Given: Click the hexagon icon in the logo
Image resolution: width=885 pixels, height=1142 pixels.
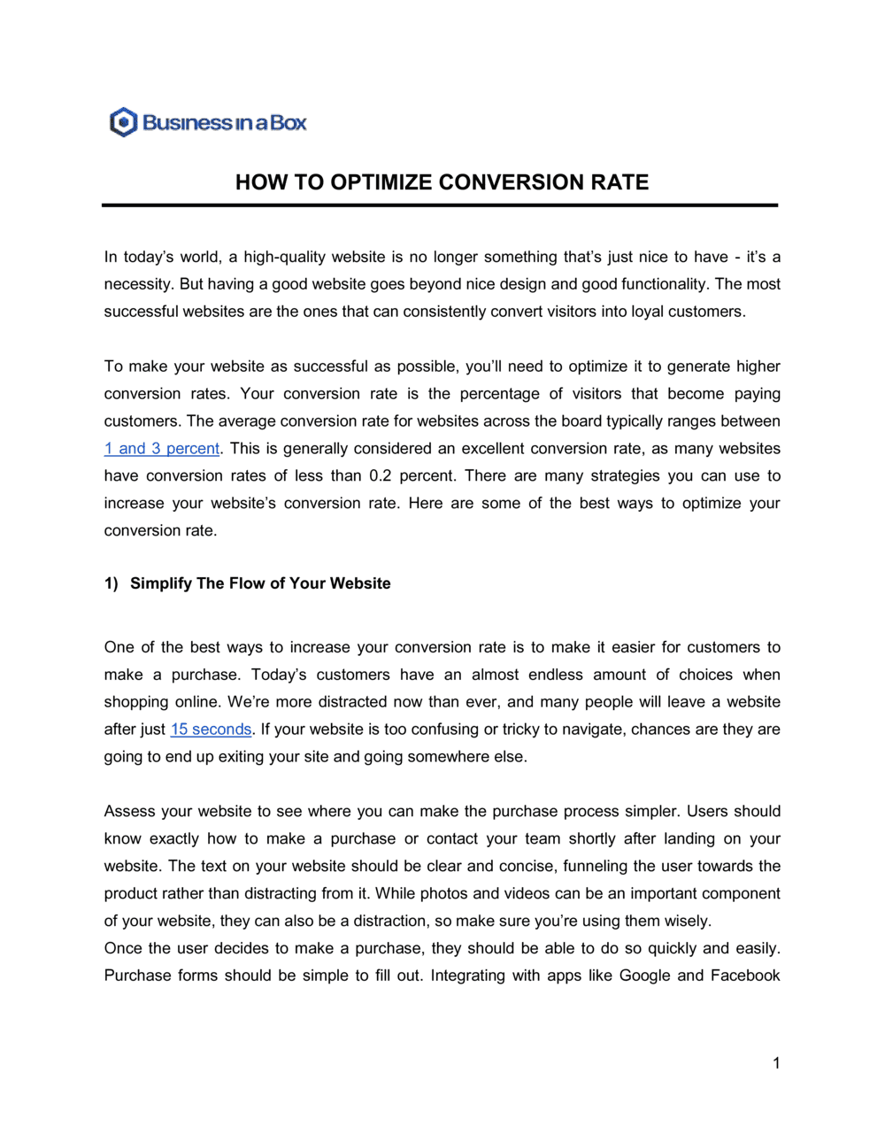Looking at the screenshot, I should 123,122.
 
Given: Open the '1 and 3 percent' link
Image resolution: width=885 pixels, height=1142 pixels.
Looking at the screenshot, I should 162,449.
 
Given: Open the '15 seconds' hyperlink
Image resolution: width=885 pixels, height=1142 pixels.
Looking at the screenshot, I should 211,729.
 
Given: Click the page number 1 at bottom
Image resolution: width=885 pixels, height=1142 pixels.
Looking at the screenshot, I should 776,1063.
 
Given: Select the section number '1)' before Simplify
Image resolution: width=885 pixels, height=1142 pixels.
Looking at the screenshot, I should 111,583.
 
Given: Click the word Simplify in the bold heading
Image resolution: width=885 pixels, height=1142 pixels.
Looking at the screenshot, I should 161,583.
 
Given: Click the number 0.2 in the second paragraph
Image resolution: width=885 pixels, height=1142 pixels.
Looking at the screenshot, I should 380,476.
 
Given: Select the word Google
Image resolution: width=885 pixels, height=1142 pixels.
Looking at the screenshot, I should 644,976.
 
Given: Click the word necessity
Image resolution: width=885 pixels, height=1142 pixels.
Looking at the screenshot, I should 137,285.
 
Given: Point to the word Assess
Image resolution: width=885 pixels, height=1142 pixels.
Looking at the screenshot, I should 128,812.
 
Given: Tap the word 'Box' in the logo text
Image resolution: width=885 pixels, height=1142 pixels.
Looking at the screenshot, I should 289,123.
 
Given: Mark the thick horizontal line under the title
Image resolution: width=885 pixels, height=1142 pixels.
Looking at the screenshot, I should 440,205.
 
